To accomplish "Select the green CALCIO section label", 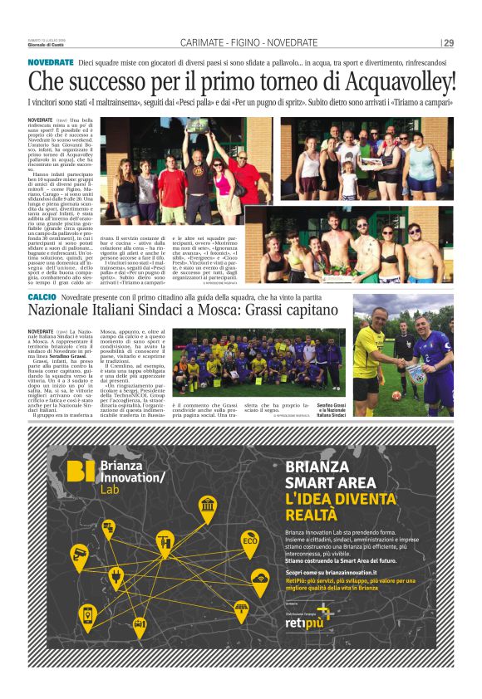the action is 42,296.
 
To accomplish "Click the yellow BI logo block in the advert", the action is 82,472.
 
